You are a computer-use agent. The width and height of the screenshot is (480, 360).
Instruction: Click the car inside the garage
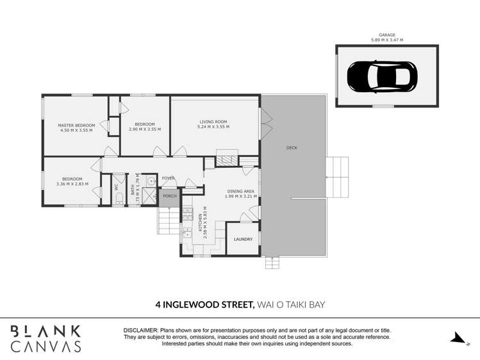[382, 78]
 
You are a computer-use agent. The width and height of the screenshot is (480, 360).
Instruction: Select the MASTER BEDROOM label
[76, 125]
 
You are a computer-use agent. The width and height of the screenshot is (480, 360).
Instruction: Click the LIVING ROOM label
[213, 122]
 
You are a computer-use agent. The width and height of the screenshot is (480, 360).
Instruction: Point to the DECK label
[292, 148]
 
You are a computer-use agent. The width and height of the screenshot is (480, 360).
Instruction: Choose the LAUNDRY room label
[243, 240]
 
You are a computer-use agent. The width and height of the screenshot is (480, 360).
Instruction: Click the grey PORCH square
[169, 196]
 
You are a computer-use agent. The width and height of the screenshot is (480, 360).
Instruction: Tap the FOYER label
[168, 179]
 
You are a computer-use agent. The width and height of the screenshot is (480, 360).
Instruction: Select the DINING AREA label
[240, 191]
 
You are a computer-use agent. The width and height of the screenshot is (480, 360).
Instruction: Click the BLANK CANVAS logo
[46, 338]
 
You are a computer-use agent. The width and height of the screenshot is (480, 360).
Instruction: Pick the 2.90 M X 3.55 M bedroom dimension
[145, 129]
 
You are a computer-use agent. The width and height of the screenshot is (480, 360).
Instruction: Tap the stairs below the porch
[167, 220]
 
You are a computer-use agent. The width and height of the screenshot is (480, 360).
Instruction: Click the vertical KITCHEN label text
[199, 222]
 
